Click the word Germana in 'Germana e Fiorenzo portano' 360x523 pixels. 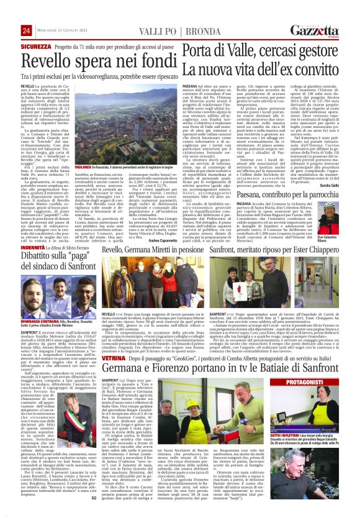coord(128,353)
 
